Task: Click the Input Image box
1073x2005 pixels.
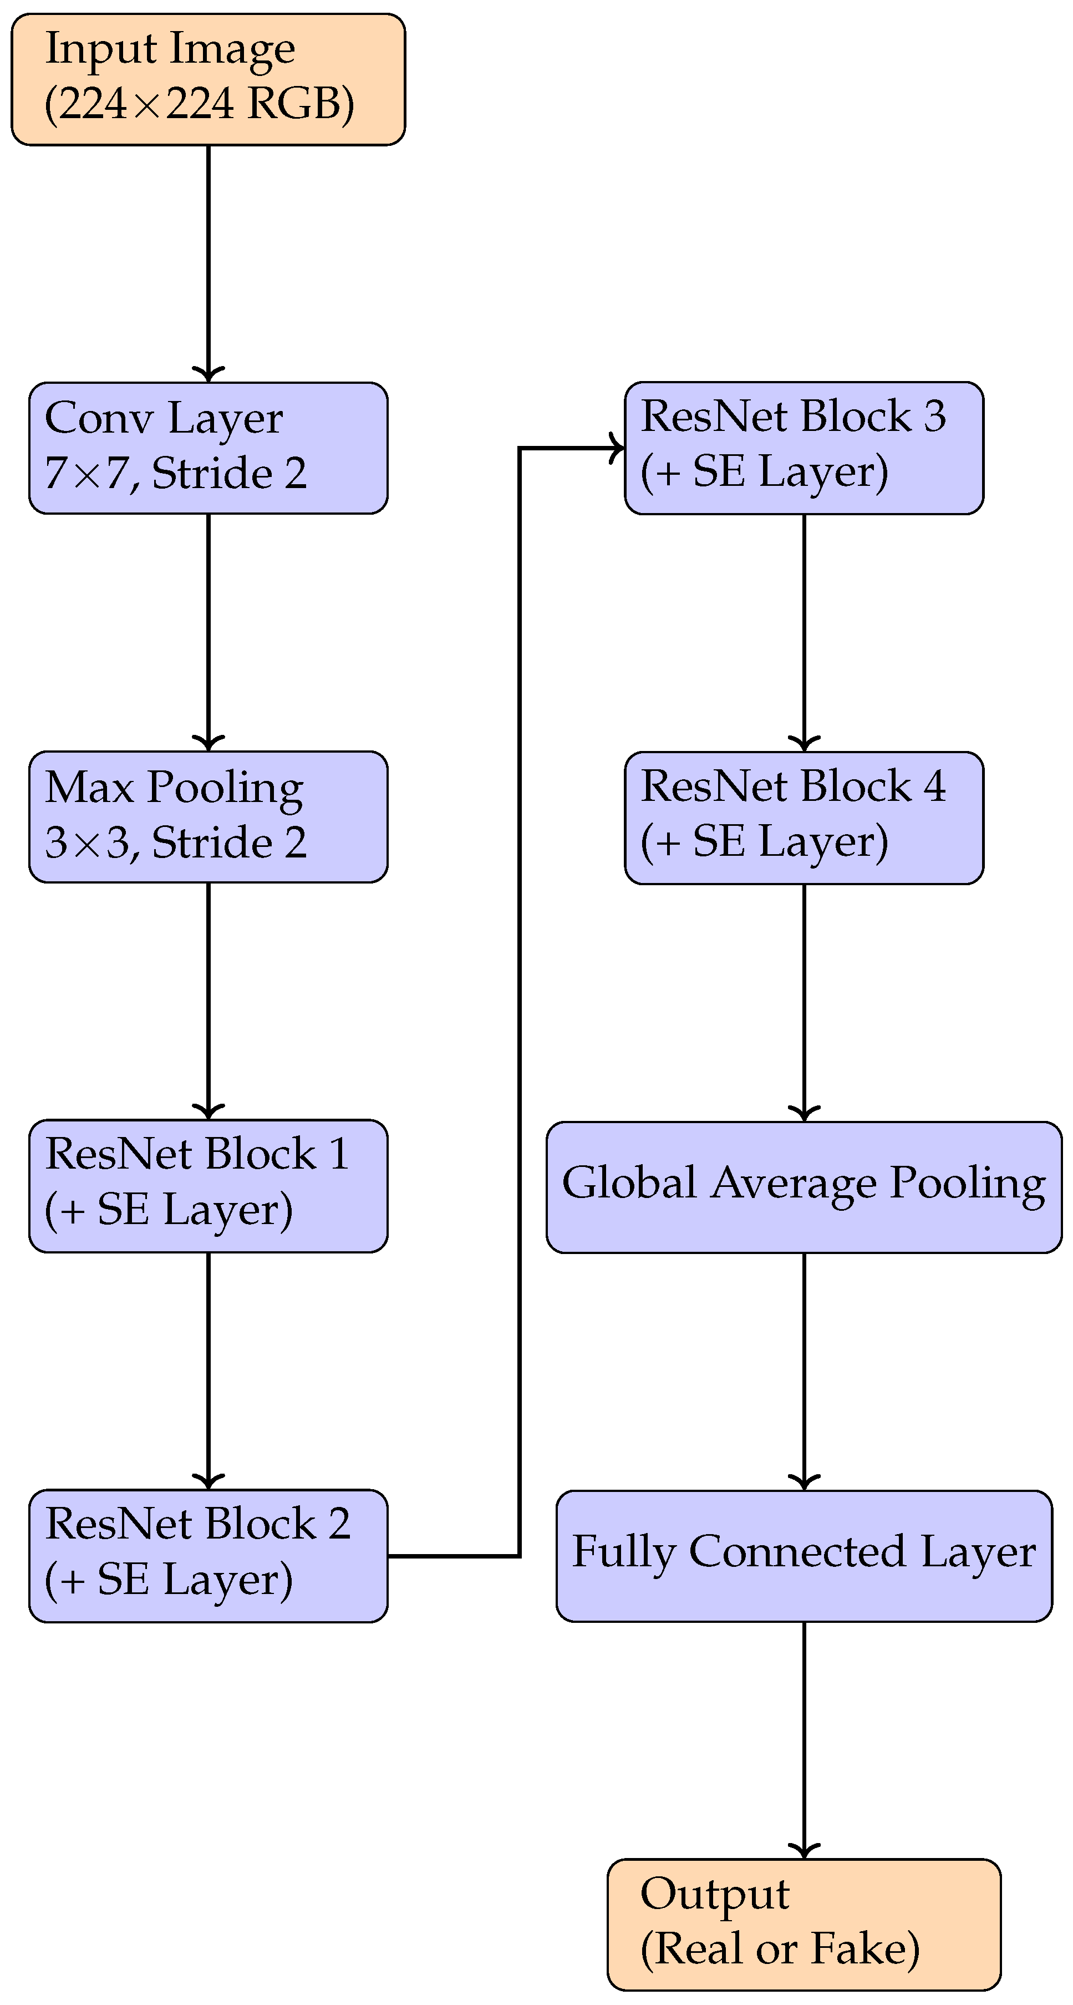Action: point(208,79)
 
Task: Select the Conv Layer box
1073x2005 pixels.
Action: point(208,448)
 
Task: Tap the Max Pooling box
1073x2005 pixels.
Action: point(208,816)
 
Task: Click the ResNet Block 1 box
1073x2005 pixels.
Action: point(208,1185)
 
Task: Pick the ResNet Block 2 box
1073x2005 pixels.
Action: point(208,1555)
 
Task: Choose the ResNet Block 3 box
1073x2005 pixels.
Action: point(804,448)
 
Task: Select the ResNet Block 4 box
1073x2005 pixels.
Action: point(804,818)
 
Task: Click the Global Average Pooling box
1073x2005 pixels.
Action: point(804,1186)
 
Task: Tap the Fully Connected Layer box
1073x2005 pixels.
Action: point(804,1555)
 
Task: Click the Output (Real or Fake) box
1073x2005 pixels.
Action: point(804,1924)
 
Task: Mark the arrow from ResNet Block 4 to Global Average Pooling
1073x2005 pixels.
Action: point(804,1000)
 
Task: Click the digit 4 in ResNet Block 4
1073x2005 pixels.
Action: point(934,786)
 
